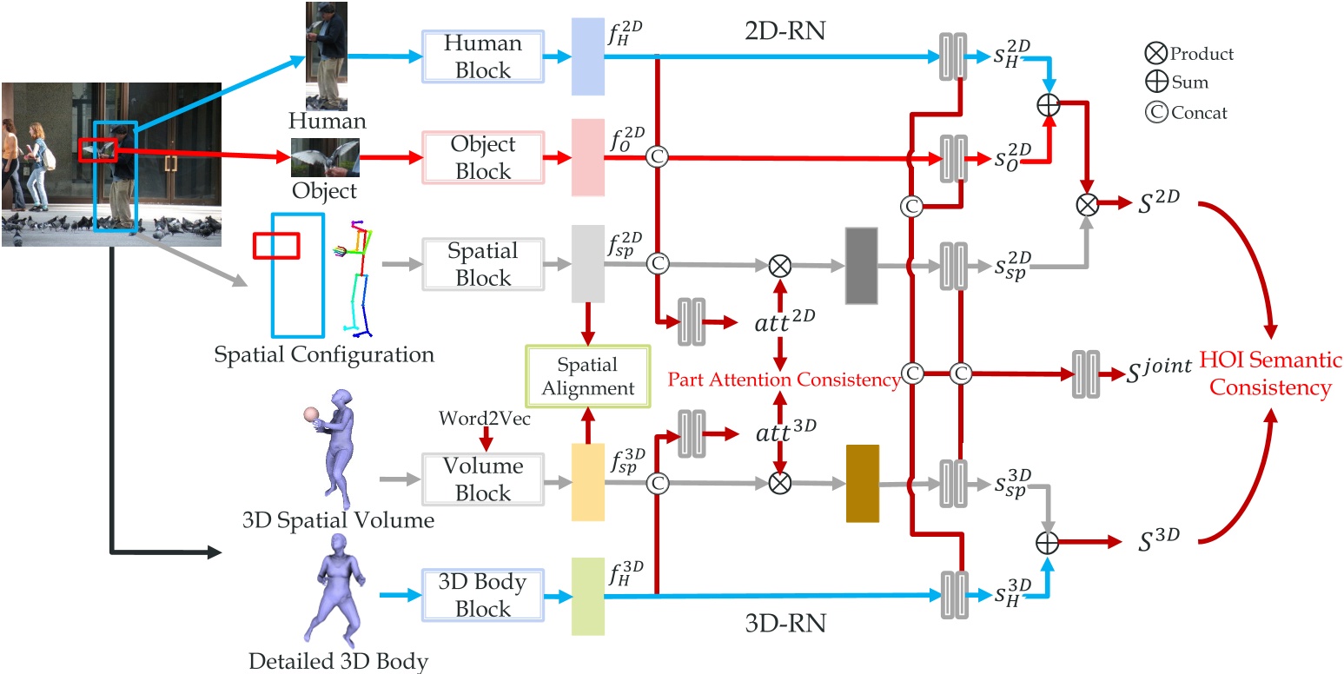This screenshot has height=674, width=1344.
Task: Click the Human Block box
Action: coord(483,56)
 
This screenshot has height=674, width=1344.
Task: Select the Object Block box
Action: coord(483,157)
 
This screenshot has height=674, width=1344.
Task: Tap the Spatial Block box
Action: coord(483,264)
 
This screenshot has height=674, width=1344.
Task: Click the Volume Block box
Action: coord(483,479)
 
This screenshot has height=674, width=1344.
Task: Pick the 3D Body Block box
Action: coord(483,595)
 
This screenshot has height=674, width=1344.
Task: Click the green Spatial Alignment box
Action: coord(587,375)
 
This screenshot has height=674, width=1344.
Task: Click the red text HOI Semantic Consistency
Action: coord(1271,374)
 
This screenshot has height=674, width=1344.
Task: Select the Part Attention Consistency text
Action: coord(782,380)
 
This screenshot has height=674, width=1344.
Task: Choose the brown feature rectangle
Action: coord(863,483)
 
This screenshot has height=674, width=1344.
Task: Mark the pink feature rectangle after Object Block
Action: coord(587,157)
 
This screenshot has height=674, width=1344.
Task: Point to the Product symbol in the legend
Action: coord(1155,54)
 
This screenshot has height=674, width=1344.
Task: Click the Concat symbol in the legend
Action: coord(1155,112)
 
